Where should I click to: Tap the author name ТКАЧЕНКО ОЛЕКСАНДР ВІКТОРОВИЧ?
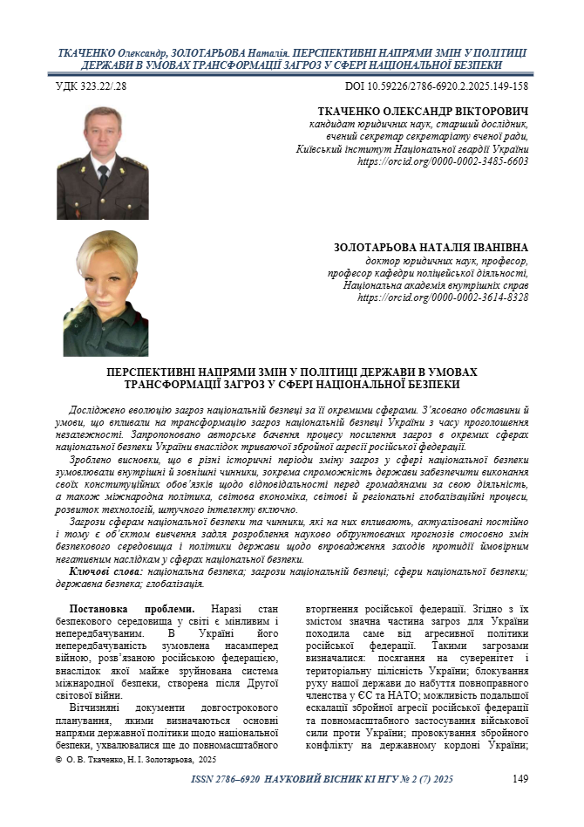(x=424, y=113)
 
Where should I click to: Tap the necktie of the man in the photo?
(x=104, y=175)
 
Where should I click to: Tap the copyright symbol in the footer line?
(x=58, y=761)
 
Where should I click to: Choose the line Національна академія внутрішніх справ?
(x=436, y=285)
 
